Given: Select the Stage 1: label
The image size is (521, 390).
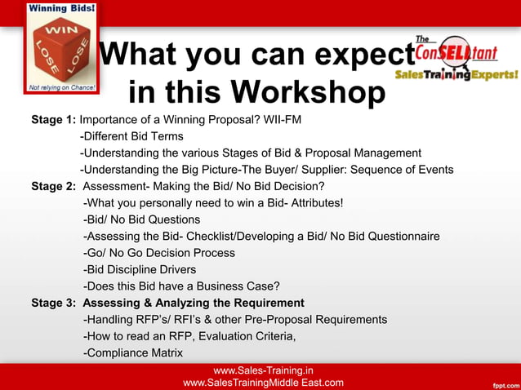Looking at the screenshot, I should (53, 119).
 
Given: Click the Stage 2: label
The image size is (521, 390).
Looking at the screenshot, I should (53, 186).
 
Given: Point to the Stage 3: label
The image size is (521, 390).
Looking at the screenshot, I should (53, 303).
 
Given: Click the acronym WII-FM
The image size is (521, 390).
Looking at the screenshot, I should (283, 119).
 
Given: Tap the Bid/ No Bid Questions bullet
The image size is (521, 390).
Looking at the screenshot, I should (142, 219).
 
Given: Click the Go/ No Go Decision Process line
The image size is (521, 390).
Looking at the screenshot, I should (159, 253).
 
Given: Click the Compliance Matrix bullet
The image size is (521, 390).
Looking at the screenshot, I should (133, 352).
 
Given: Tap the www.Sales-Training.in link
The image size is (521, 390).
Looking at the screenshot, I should (263, 370).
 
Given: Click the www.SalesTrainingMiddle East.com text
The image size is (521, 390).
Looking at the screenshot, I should (263, 383).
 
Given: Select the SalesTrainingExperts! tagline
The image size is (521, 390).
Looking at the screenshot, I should (456, 74).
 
